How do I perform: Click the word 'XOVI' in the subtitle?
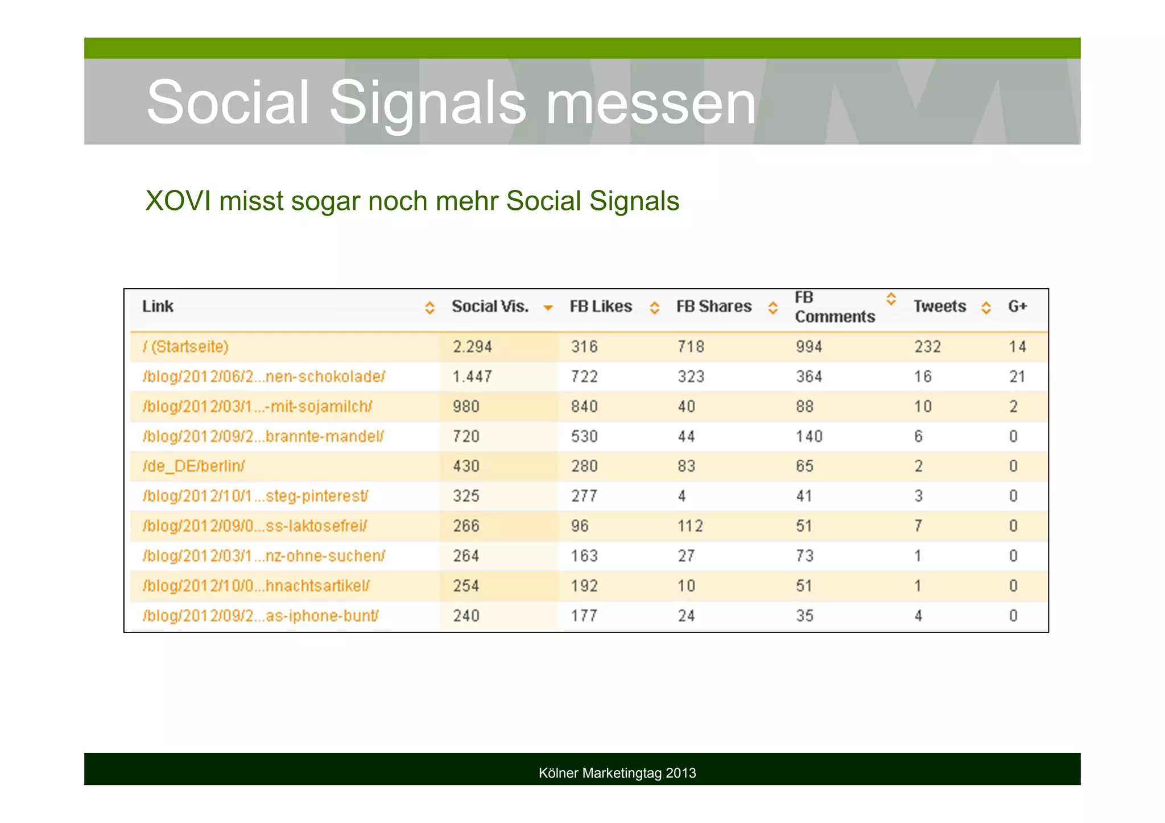click(178, 201)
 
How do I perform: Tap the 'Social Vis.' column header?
click(490, 307)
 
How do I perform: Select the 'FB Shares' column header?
click(713, 307)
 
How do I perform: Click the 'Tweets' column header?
click(939, 307)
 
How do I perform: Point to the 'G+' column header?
click(1017, 307)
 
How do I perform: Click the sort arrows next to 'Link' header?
click(429, 308)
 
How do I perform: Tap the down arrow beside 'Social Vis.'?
click(548, 308)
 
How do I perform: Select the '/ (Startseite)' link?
click(185, 347)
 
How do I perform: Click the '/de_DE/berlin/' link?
click(193, 466)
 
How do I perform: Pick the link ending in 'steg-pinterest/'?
click(255, 497)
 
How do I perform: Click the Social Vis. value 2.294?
click(472, 347)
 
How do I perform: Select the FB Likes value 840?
click(584, 407)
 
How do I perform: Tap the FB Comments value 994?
click(809, 347)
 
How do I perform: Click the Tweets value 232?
click(927, 347)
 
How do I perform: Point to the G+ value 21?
click(1017, 377)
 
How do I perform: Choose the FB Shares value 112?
click(690, 526)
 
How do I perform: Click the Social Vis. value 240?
click(466, 616)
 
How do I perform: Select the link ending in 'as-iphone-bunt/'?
click(261, 616)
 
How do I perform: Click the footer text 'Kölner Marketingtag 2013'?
click(617, 774)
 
